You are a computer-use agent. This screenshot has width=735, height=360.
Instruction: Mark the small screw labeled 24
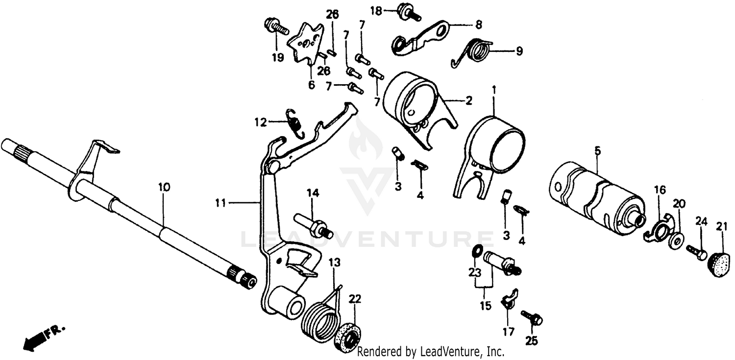coord(695,252)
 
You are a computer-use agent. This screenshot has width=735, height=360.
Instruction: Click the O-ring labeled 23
coord(476,251)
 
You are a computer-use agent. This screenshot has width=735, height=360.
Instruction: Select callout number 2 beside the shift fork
coord(468,101)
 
